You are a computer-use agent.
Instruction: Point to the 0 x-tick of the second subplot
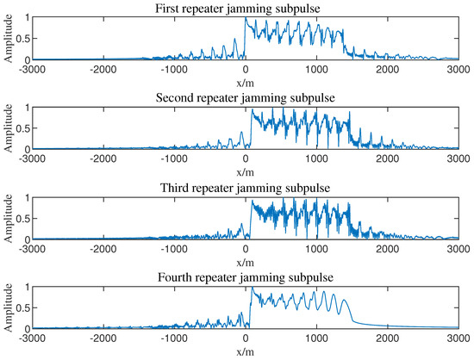pos(246,158)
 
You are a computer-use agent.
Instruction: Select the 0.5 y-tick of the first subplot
pos(23,38)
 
